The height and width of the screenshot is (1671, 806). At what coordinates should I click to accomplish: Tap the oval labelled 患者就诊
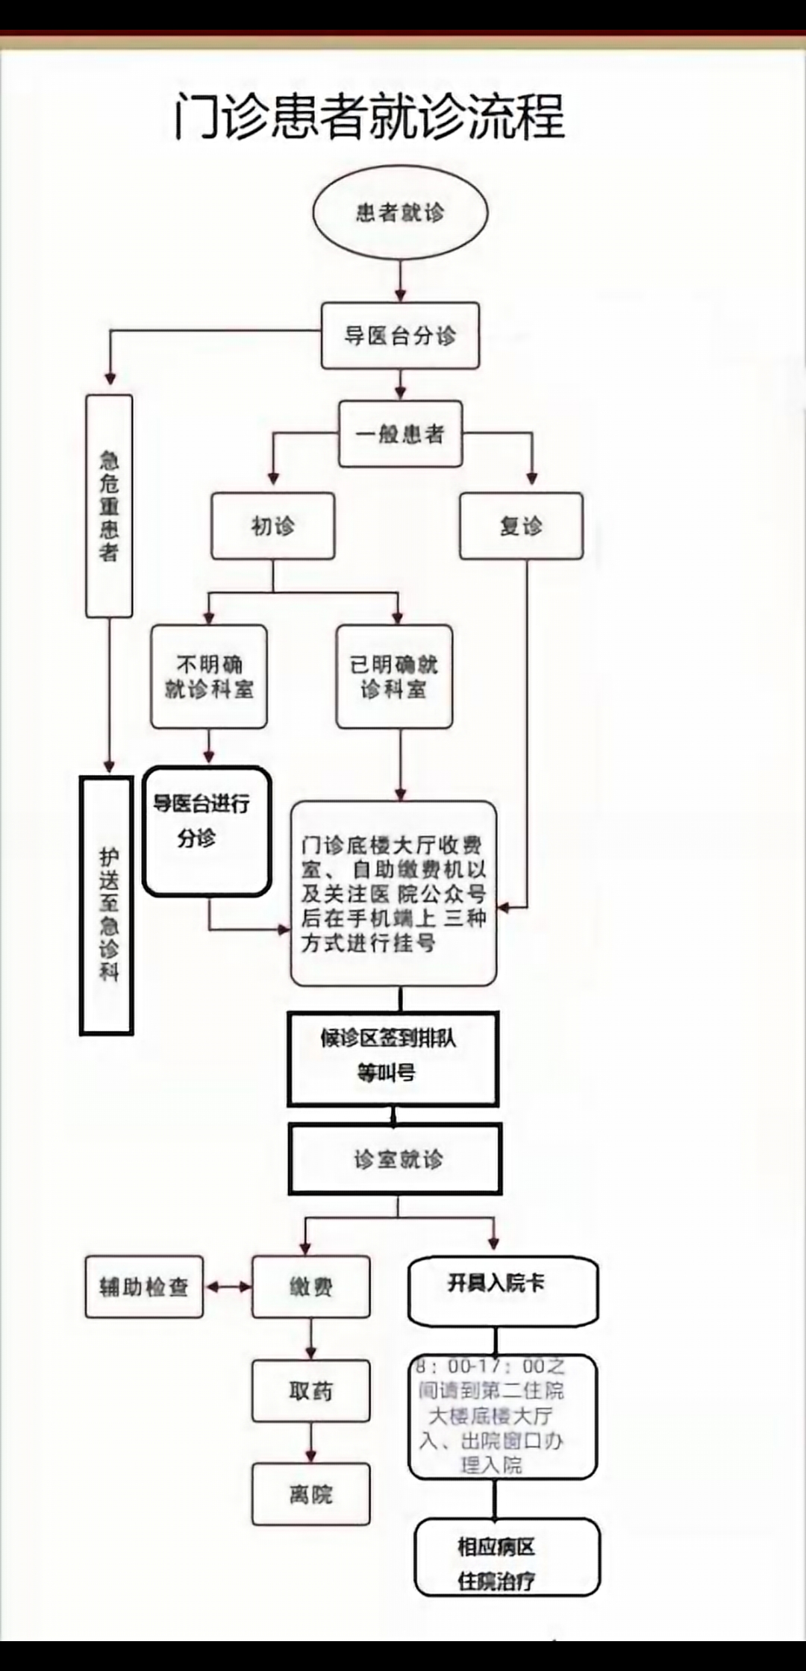tap(400, 213)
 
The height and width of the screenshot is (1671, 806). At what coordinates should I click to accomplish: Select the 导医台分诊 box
tap(400, 336)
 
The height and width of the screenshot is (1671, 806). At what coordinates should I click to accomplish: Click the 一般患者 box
tap(400, 434)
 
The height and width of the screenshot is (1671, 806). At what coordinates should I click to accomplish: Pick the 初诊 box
tap(272, 526)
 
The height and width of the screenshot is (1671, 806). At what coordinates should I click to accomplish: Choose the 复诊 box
tap(521, 526)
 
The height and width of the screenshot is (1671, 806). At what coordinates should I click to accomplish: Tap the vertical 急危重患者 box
tap(109, 506)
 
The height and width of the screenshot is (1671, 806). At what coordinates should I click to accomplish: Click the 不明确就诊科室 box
tap(209, 677)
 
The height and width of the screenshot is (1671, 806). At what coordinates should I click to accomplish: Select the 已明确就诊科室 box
tap(394, 677)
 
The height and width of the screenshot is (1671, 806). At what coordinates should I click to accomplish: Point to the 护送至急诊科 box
tap(107, 906)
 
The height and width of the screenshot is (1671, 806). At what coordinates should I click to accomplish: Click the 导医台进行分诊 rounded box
tap(206, 831)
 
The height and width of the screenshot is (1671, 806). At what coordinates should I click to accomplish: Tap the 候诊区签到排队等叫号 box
tap(393, 1058)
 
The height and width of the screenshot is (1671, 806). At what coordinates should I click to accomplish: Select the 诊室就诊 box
tap(396, 1159)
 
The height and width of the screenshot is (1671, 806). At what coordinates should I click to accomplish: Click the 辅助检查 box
tap(144, 1287)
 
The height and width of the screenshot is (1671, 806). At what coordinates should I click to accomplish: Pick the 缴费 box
tap(310, 1287)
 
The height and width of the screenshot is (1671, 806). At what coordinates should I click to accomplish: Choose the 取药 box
tap(310, 1391)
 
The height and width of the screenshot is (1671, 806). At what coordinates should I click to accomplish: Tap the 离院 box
tap(310, 1494)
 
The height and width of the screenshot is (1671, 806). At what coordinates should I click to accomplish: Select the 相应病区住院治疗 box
tap(507, 1558)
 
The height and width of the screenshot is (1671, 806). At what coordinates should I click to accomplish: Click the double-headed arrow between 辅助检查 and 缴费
tap(228, 1287)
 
